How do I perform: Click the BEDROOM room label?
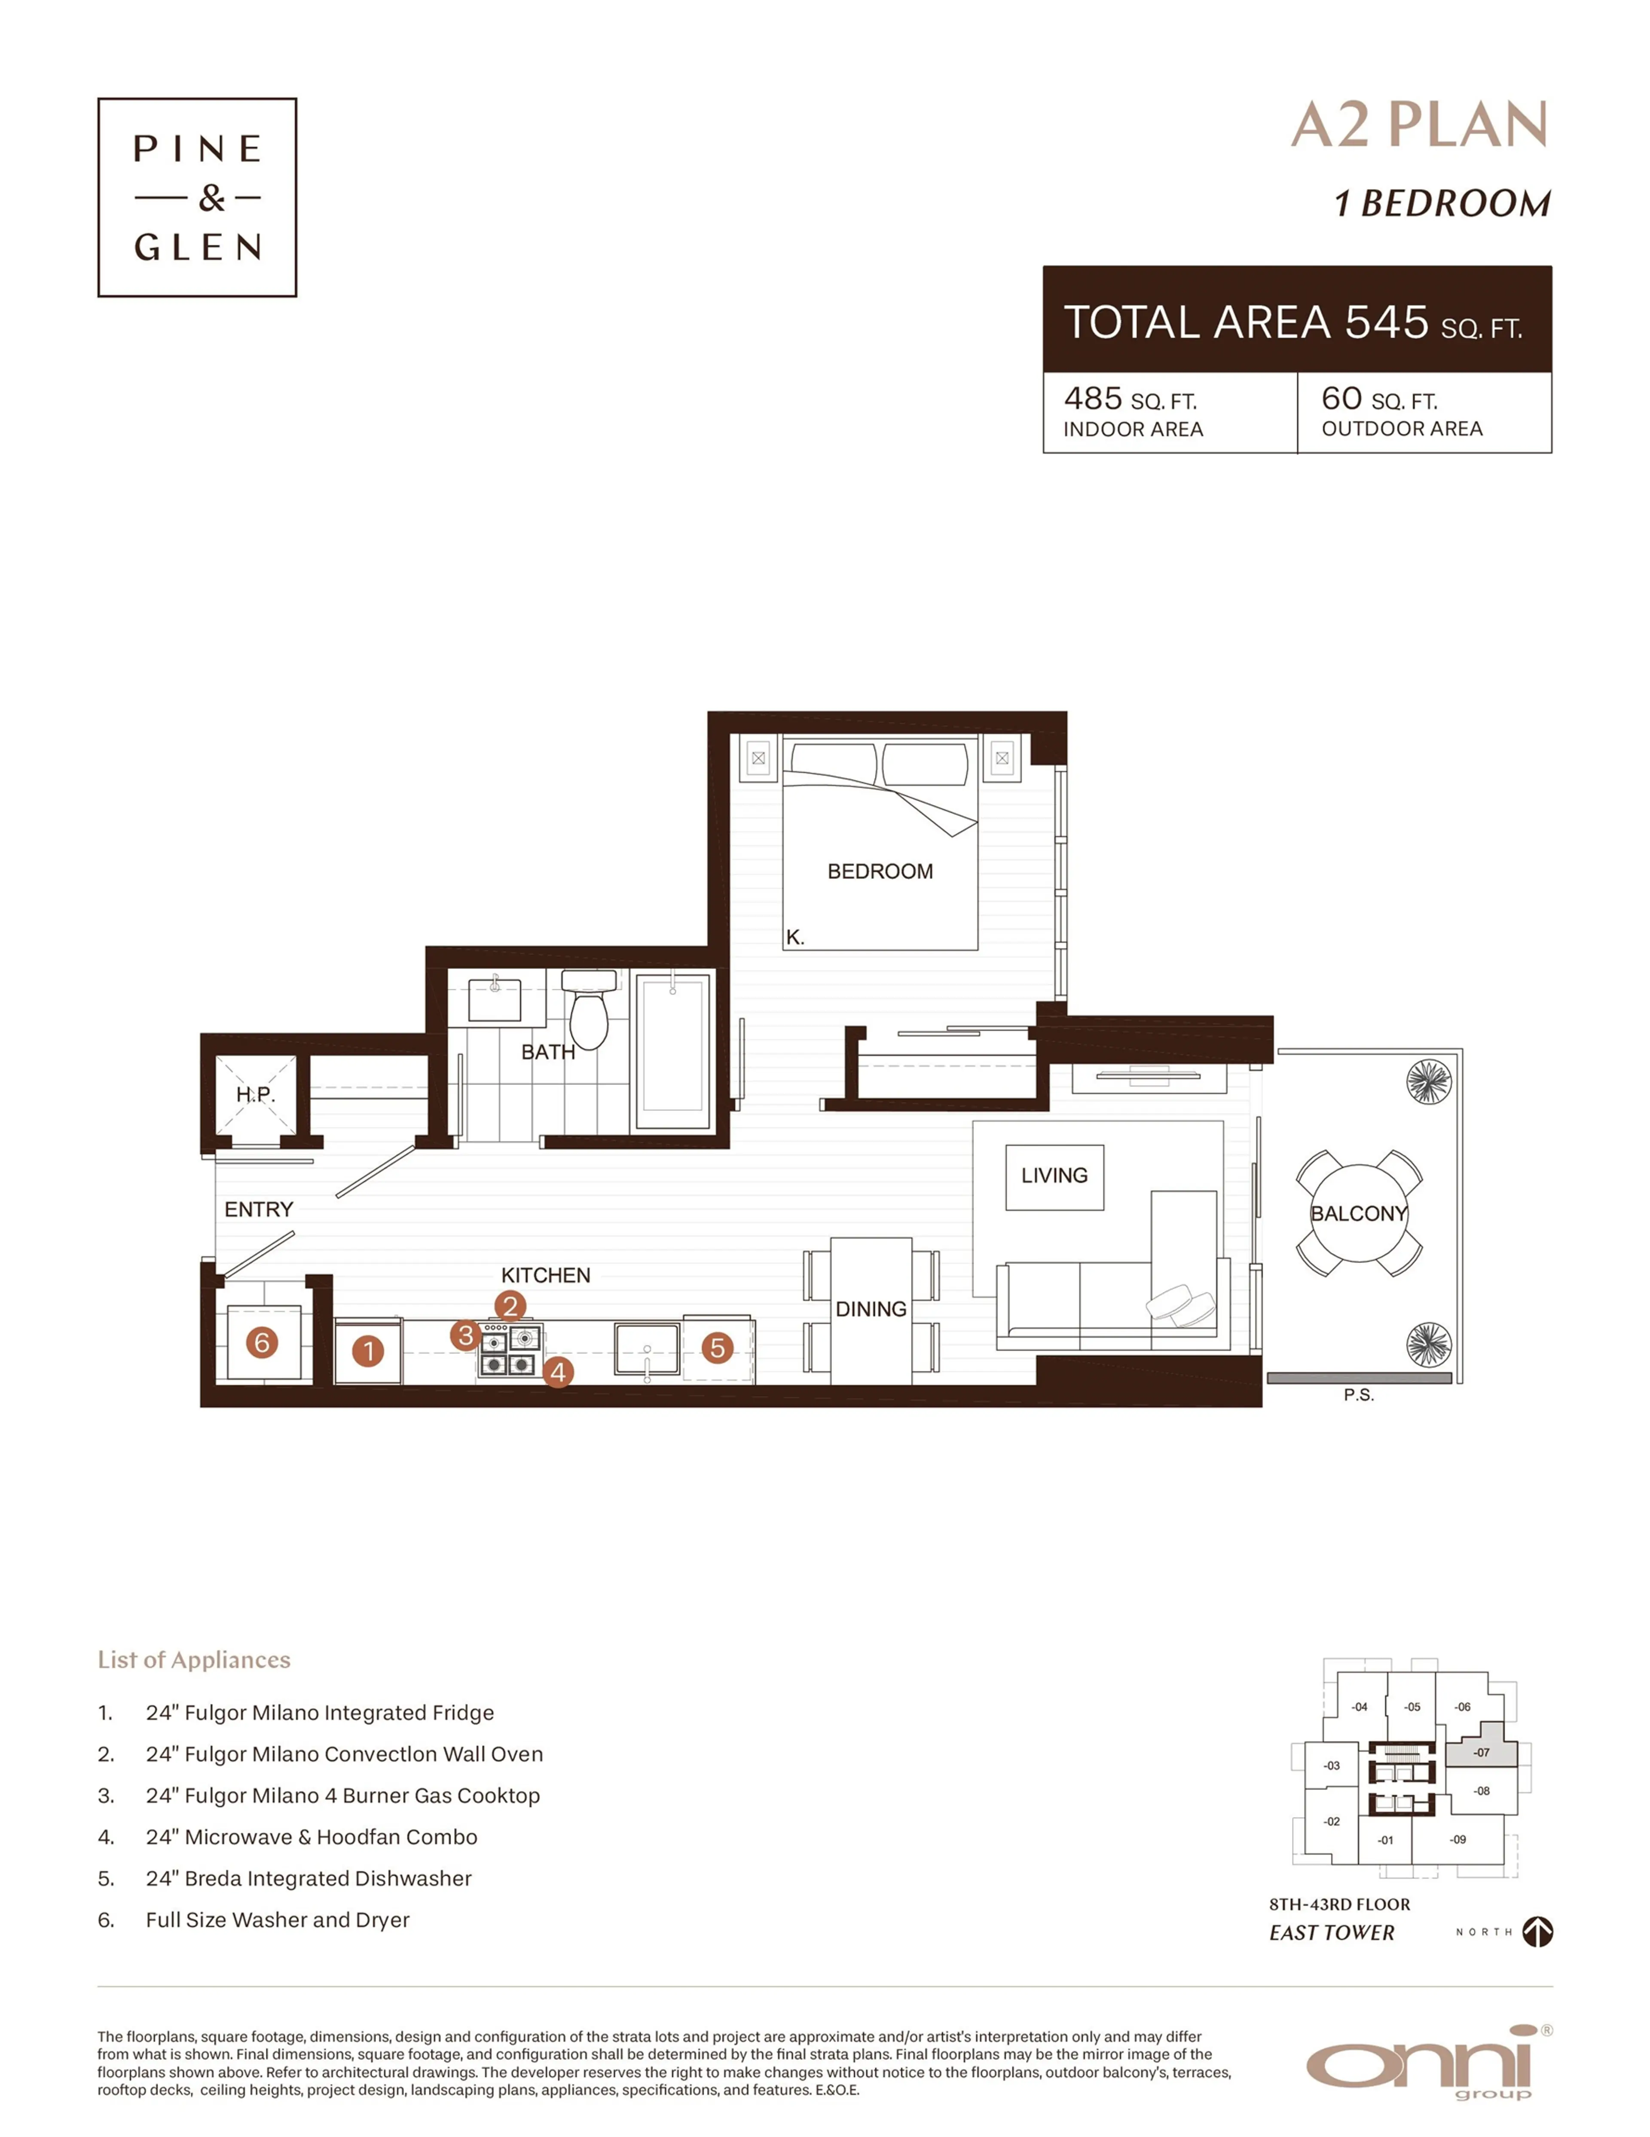coord(879,871)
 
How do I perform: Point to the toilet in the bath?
coord(589,1013)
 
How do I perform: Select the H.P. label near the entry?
coord(255,1094)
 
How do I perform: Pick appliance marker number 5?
coord(717,1348)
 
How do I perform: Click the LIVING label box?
coord(1054,1176)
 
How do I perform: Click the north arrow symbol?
coord(1537,1931)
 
